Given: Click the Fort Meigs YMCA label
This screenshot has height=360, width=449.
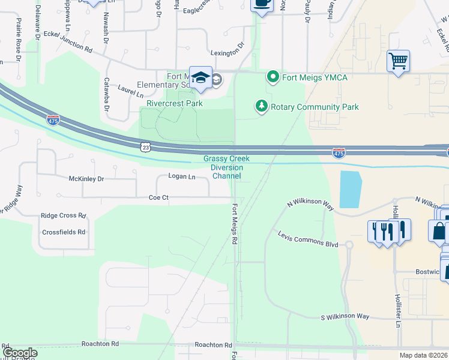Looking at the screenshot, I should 316,77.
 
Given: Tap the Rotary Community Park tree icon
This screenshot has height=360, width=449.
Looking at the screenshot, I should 261,107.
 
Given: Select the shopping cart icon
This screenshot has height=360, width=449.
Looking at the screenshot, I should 398,61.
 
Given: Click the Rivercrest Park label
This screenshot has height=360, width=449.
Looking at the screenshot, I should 175,103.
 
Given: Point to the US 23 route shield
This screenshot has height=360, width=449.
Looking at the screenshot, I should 145,146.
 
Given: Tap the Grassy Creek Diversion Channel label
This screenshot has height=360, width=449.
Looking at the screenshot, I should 226,167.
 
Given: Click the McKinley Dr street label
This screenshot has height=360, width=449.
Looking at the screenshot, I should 86,179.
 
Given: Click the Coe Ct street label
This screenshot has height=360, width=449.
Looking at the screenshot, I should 159,197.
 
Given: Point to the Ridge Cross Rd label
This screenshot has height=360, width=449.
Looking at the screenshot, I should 63,215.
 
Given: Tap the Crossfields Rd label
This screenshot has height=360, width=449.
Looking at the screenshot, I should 64,232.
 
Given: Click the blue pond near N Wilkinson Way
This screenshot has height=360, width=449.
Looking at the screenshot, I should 351,188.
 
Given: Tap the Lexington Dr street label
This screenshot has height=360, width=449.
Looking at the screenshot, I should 227,53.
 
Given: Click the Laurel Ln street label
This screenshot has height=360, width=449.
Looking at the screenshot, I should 130,91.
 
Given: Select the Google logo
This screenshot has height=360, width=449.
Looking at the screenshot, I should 20,353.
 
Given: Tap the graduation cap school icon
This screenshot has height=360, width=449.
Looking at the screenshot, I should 201,78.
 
